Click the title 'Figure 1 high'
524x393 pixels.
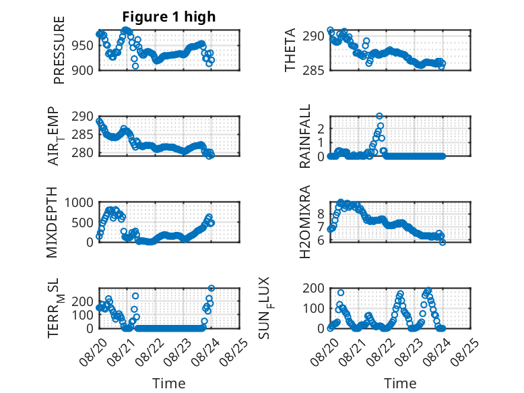click(169, 17)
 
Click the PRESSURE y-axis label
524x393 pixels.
click(59, 50)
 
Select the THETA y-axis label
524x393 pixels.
click(290, 50)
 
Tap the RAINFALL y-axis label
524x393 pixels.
click(305, 136)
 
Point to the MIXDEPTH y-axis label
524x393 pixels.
click(52, 222)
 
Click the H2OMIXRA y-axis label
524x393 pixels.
click(305, 222)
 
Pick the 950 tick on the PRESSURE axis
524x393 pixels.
click(83, 45)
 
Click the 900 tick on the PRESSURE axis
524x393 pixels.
click(83, 70)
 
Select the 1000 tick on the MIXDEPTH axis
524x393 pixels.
click(79, 202)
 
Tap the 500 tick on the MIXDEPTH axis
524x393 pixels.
click(83, 222)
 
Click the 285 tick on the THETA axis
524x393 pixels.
click(313, 70)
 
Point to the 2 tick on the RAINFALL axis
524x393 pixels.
click(321, 129)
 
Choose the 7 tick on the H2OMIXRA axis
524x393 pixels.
click(321, 227)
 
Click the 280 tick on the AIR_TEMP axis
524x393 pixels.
click(83, 152)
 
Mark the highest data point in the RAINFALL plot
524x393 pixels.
click(379, 116)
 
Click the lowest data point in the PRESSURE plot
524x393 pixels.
click(135, 66)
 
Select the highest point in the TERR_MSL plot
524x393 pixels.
click(211, 288)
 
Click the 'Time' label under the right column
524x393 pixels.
click(400, 384)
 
